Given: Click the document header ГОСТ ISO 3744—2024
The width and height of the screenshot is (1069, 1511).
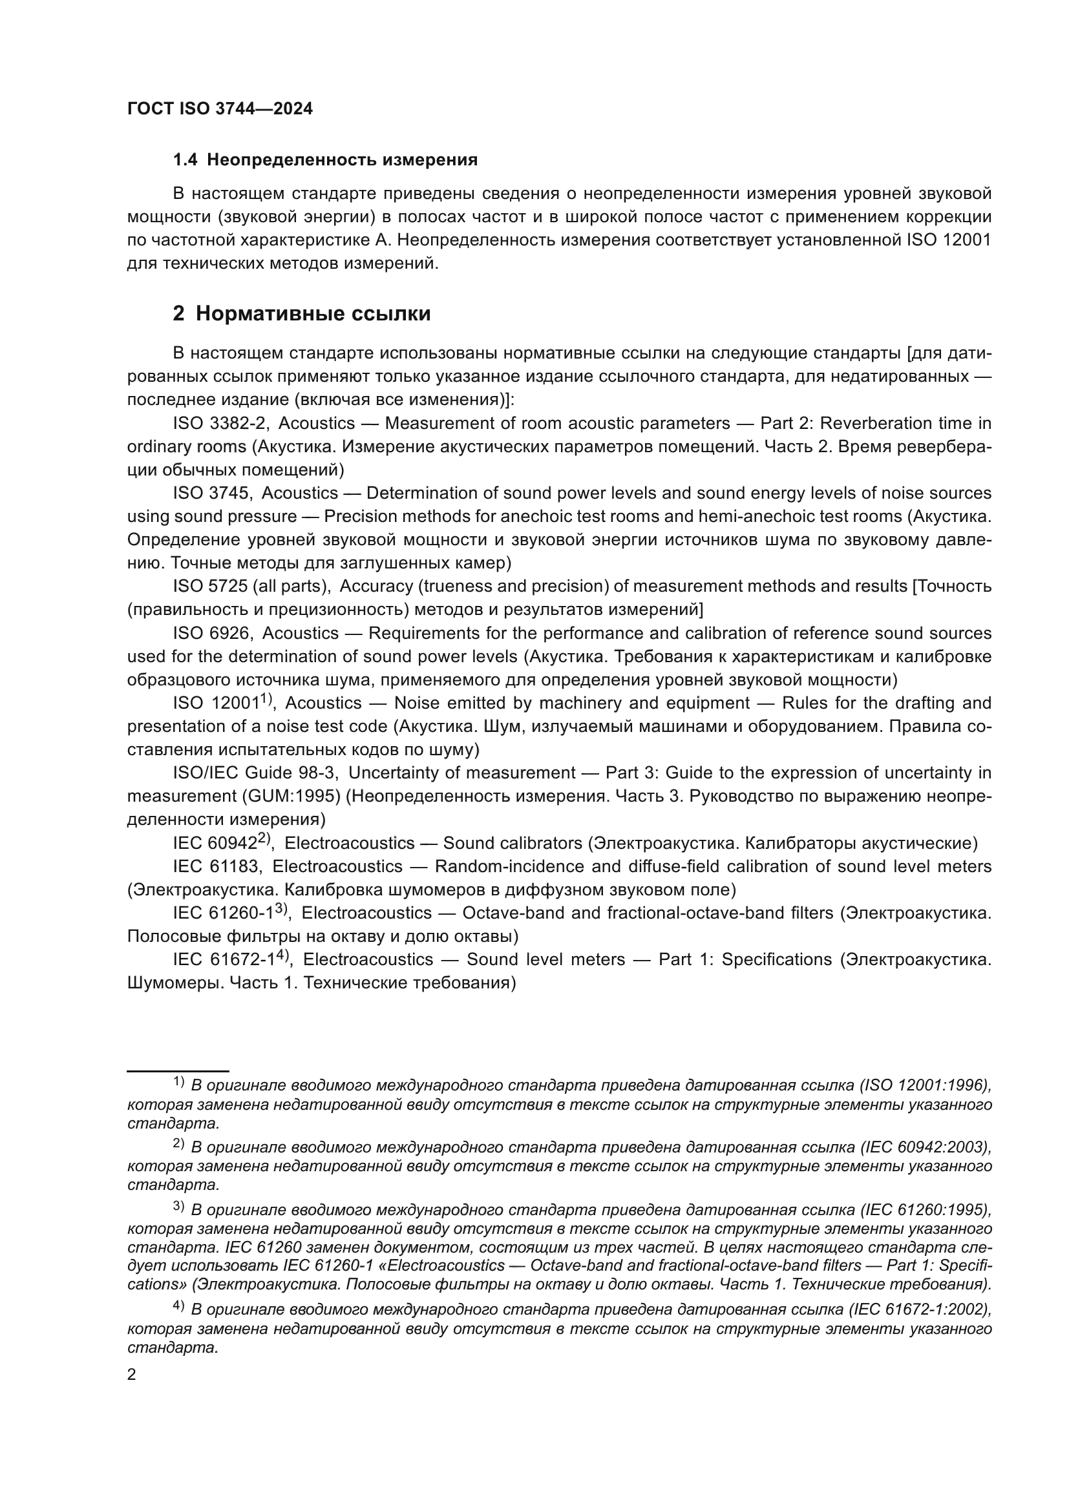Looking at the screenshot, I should coord(220,109).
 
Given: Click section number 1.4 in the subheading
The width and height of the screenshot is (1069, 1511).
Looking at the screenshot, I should coord(185,160).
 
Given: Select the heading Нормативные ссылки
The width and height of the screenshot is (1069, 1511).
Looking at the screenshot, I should coord(313,314).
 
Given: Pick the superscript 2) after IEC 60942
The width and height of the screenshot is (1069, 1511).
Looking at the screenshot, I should coord(264,839).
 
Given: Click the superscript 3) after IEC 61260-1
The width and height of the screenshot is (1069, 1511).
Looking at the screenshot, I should coord(282,908).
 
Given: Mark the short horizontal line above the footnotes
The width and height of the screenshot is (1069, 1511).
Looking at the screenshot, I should coord(178,1071).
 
